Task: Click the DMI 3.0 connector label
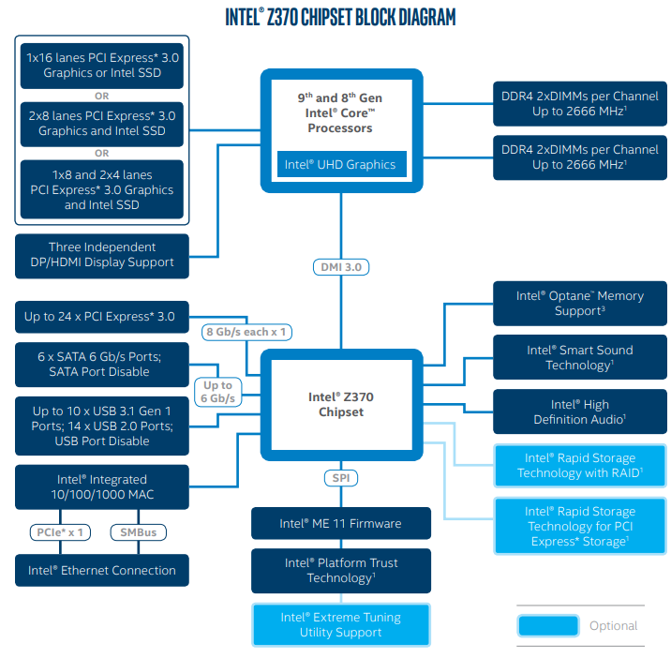click(340, 267)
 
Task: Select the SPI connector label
click(340, 478)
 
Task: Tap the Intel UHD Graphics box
click(340, 165)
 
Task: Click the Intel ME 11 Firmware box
click(340, 523)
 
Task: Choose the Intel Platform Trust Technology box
click(340, 570)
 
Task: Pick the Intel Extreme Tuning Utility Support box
click(340, 624)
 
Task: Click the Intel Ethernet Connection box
click(101, 570)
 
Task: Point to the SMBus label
click(138, 532)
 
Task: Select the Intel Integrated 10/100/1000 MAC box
click(101, 486)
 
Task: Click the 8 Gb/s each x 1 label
click(246, 332)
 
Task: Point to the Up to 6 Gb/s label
click(217, 392)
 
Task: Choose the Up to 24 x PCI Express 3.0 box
click(101, 317)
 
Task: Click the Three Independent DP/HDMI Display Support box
click(101, 255)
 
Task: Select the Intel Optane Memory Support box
click(579, 303)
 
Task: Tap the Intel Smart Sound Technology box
click(579, 357)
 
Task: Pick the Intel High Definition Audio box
click(579, 411)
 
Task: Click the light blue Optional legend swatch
click(546, 626)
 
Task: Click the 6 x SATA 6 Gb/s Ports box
click(101, 364)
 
